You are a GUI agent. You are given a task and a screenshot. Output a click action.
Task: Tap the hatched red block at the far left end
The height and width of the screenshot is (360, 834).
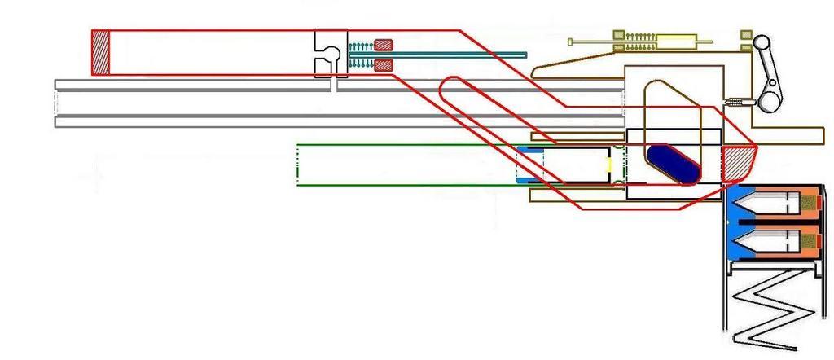click(100, 53)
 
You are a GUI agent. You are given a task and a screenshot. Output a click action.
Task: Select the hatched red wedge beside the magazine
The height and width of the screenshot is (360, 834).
click(739, 165)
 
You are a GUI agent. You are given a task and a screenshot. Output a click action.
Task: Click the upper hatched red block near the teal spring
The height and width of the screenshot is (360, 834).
click(383, 46)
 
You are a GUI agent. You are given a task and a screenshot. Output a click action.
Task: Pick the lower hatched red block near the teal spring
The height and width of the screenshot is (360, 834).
click(383, 64)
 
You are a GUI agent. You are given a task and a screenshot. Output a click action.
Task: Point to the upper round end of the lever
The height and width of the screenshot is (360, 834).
click(762, 42)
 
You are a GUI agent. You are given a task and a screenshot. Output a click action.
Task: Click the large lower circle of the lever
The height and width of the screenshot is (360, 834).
click(770, 101)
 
